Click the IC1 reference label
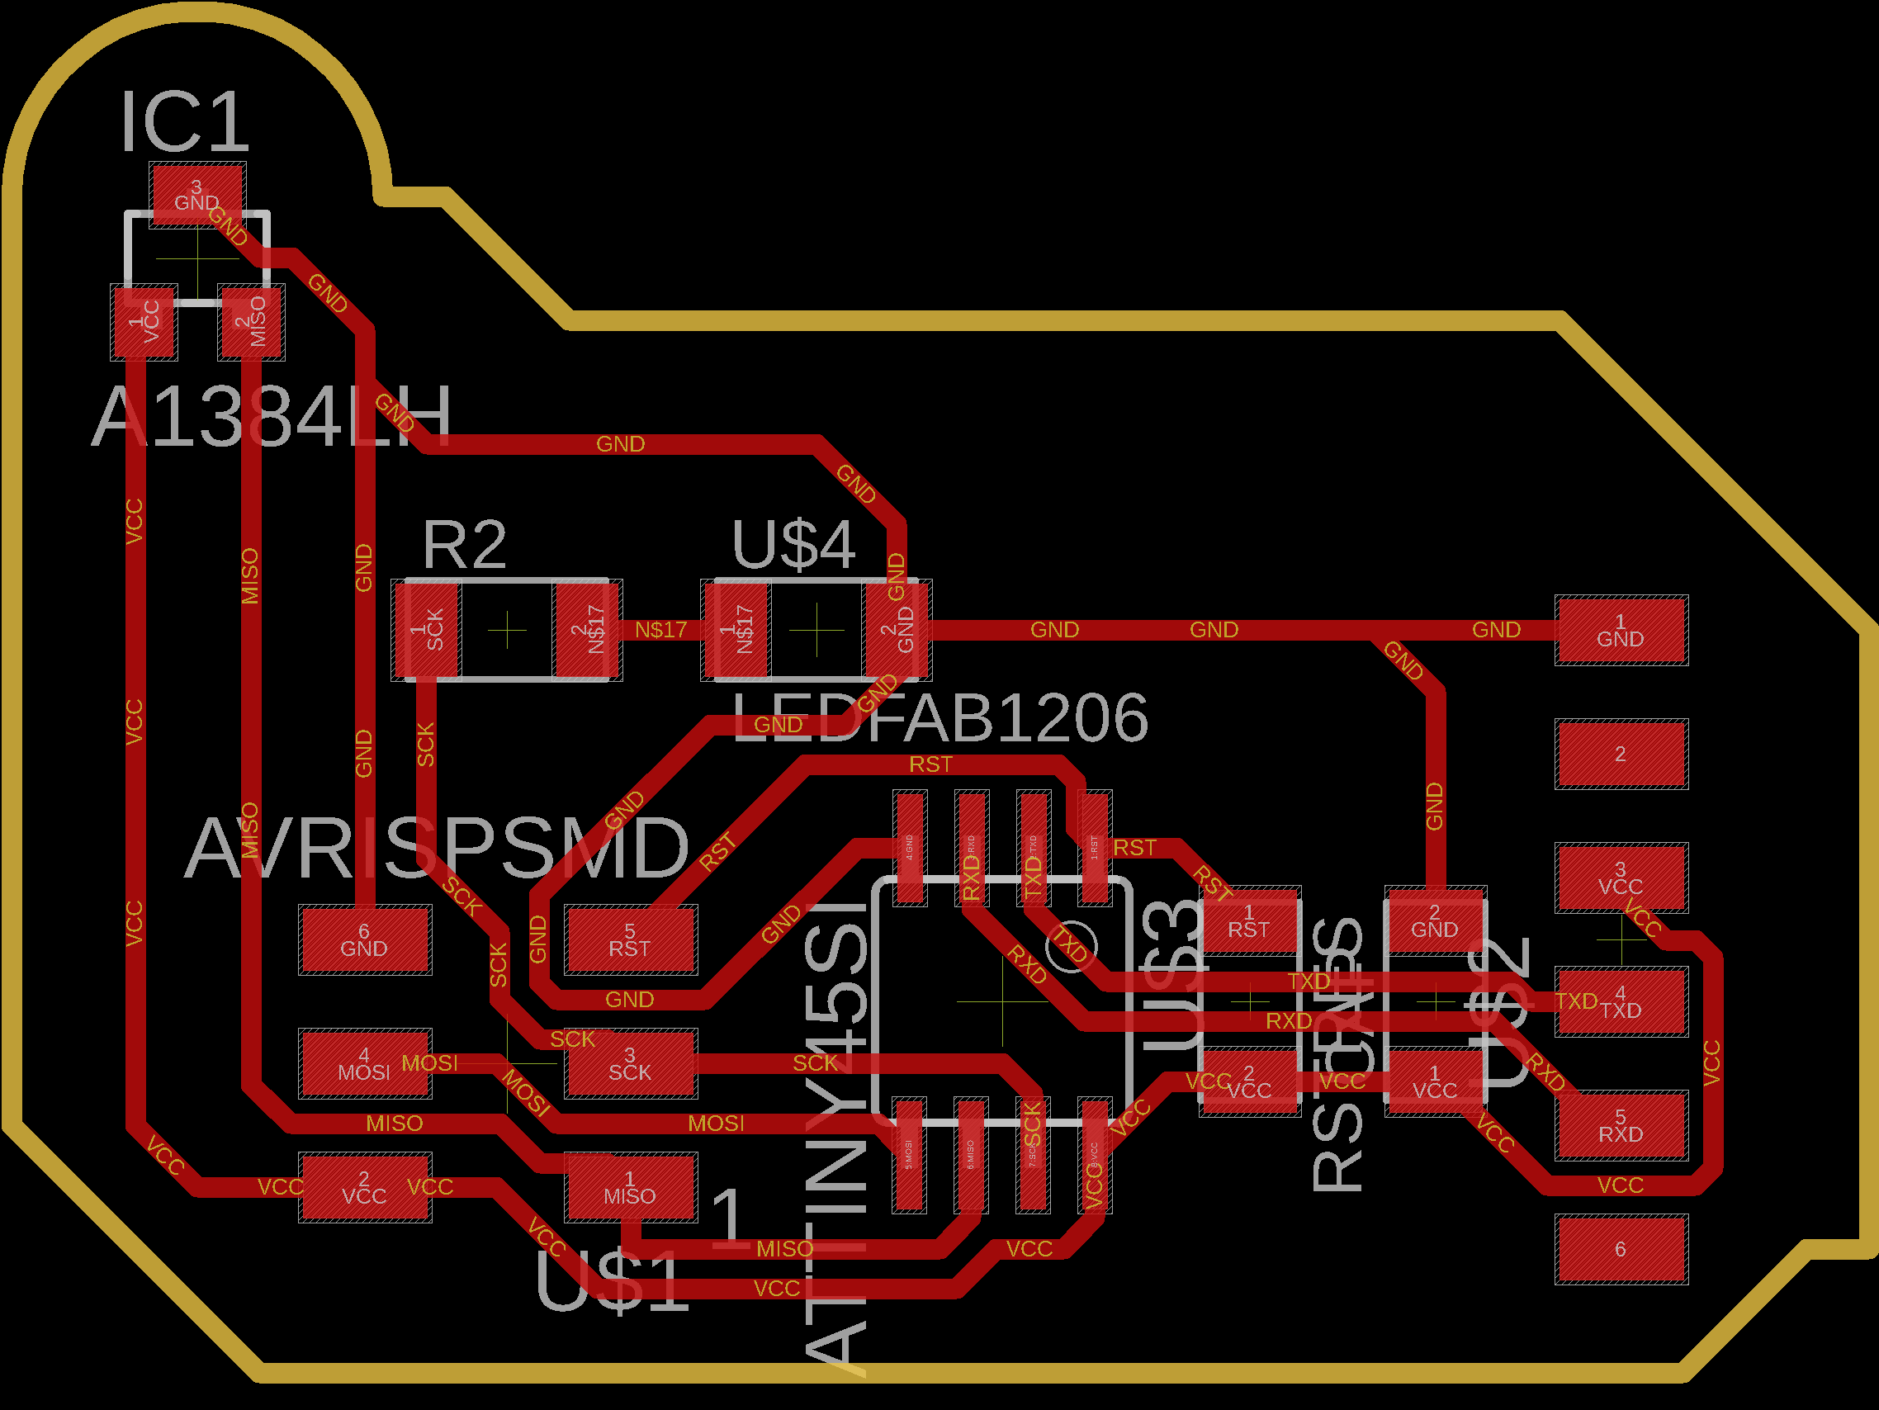(185, 122)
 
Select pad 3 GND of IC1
(197, 195)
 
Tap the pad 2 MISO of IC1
(252, 322)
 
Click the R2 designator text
(465, 545)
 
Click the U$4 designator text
(793, 545)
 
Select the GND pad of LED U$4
(897, 629)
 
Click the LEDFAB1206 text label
(939, 718)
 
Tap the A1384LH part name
(272, 417)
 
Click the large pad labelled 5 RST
(629, 939)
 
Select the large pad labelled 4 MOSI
(364, 1063)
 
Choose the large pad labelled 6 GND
(364, 939)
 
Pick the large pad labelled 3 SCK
(629, 1063)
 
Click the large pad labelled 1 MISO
(629, 1187)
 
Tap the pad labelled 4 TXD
(1621, 1001)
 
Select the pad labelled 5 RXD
(1621, 1125)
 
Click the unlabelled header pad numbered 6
(1621, 1250)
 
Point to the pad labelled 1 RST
(1249, 921)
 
